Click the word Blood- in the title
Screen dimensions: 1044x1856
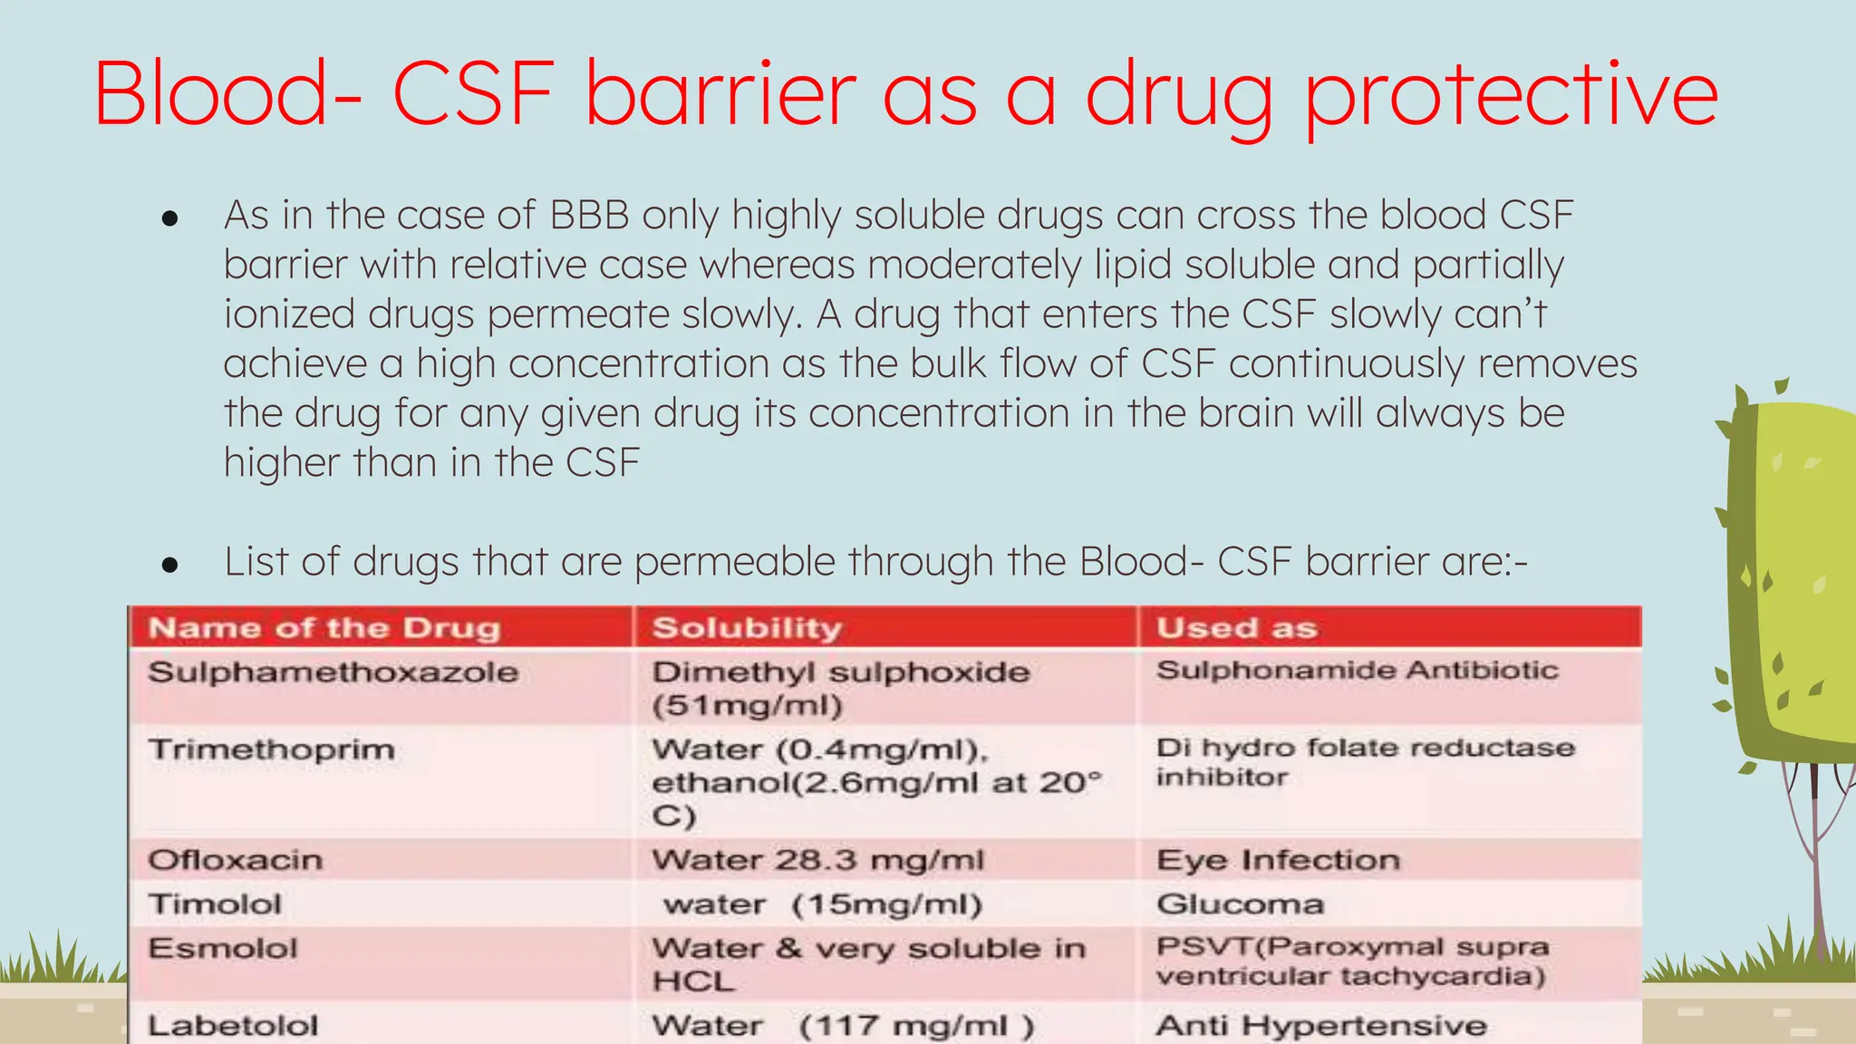227,92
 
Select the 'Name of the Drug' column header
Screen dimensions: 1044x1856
324,628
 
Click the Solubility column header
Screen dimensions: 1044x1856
747,628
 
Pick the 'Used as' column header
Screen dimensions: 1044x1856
1236,628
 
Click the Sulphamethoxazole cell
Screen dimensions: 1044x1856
333,672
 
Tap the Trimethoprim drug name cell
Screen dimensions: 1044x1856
272,749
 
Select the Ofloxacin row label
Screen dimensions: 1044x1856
236,859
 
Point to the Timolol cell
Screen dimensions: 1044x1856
215,904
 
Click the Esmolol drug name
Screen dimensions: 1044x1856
223,948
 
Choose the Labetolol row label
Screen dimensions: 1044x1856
233,1025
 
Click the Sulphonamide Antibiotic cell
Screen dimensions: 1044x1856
1357,671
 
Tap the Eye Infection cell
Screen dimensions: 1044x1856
1278,859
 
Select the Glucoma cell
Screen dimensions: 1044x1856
1240,904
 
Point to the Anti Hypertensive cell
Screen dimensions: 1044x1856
1321,1025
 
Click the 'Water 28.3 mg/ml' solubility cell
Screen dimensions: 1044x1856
817,859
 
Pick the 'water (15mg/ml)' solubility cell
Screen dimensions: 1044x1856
822,904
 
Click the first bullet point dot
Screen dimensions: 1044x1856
169,218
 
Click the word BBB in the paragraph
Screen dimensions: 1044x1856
589,216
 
